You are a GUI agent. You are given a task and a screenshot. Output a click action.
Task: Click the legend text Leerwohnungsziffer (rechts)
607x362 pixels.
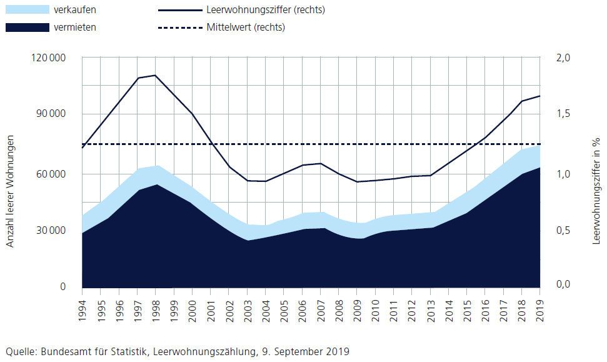(265, 10)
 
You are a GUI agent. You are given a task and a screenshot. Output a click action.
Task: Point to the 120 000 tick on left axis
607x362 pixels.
(49, 58)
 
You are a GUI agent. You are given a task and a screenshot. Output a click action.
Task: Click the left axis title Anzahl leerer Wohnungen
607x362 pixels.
(11, 191)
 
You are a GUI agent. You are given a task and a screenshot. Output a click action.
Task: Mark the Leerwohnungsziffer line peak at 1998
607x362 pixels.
(155, 75)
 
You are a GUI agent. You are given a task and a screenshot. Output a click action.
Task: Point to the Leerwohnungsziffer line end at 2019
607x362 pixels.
(539, 96)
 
